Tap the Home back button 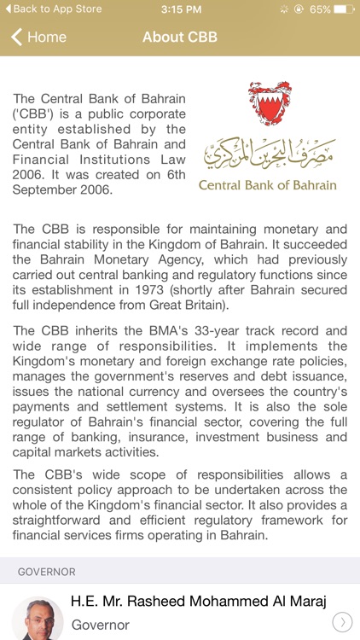point(38,38)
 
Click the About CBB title point(180,38)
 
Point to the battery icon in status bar point(344,9)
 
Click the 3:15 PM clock point(179,9)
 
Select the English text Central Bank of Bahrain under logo point(267,185)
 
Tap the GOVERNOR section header point(47,572)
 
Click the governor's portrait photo point(38,618)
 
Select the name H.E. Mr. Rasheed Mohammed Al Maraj point(199,602)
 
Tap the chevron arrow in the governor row point(340,622)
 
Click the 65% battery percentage point(320,9)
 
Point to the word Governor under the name point(100,625)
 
